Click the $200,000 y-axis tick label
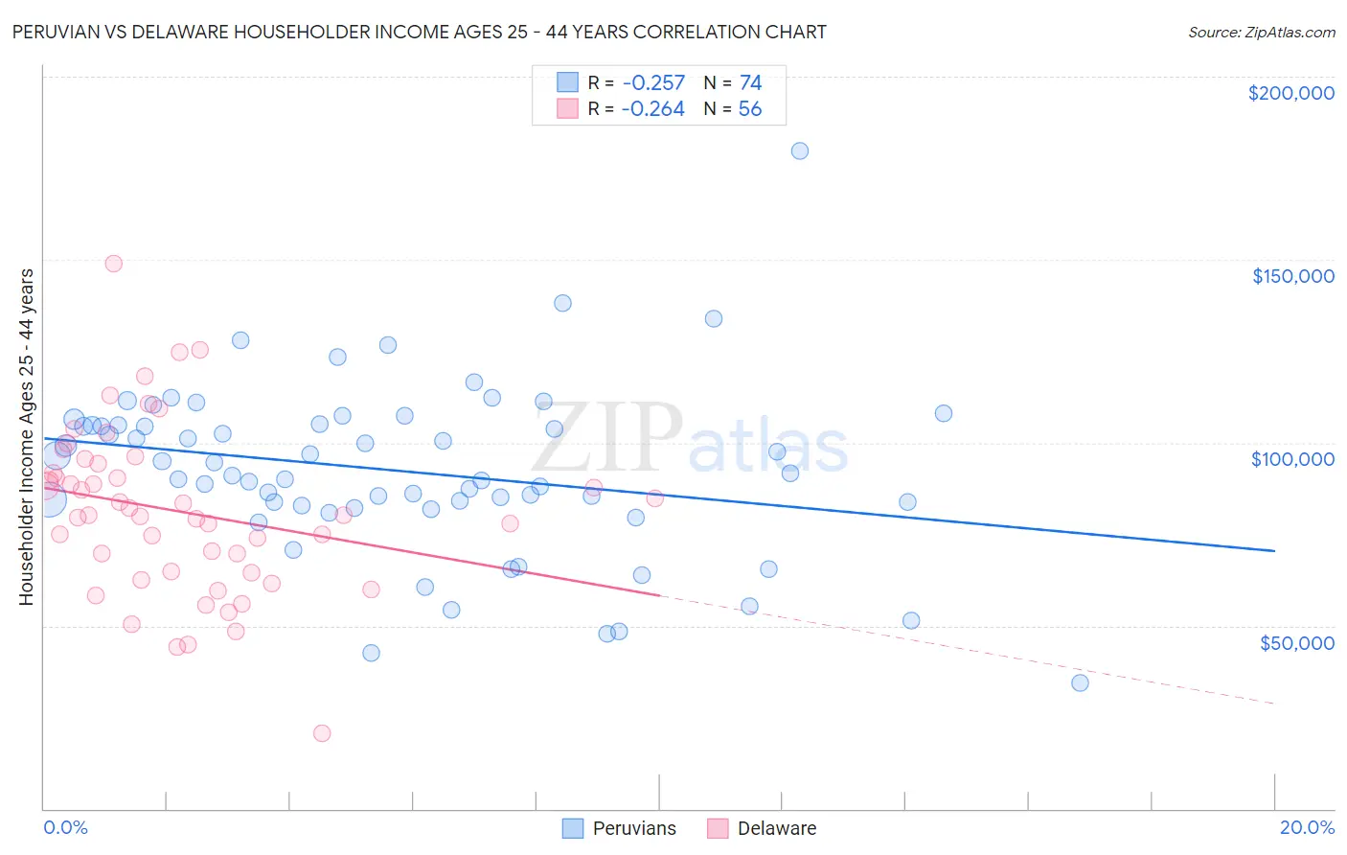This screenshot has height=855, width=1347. pyautogui.click(x=1290, y=93)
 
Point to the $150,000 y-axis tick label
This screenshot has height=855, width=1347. pyautogui.click(x=1292, y=276)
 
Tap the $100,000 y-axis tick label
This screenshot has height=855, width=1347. pyautogui.click(x=1292, y=459)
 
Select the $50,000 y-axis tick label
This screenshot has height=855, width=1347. pyautogui.click(x=1296, y=642)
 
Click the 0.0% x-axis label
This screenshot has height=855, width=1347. pyautogui.click(x=65, y=827)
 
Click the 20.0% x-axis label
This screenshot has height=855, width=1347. pyautogui.click(x=1307, y=827)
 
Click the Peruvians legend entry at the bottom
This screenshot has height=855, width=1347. pyautogui.click(x=633, y=828)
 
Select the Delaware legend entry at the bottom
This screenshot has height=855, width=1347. pyautogui.click(x=776, y=828)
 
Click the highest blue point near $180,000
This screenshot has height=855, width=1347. pyautogui.click(x=800, y=150)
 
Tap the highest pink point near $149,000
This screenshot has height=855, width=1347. pyautogui.click(x=113, y=264)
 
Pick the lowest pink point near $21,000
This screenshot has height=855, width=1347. pyautogui.click(x=322, y=733)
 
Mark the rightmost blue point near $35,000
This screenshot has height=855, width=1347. pyautogui.click(x=1080, y=683)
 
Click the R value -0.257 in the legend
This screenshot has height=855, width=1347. pyautogui.click(x=652, y=82)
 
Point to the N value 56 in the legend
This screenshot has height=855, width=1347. pyautogui.click(x=749, y=109)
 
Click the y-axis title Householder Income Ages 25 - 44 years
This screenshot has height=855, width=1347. pyautogui.click(x=26, y=436)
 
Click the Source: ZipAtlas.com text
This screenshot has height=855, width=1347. pyautogui.click(x=1261, y=33)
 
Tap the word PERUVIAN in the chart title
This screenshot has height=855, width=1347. pyautogui.click(x=61, y=32)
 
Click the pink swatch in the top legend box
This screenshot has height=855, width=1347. pyautogui.click(x=567, y=108)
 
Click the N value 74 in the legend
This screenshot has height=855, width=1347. pyautogui.click(x=750, y=82)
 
